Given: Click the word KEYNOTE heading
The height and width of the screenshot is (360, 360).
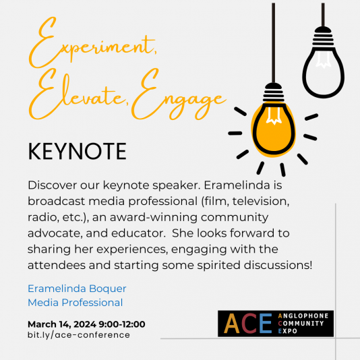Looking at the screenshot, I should (77, 151).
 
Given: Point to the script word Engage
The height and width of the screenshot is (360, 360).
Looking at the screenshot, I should (178, 101).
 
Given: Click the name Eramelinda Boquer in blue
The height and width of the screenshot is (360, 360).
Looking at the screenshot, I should (77, 289).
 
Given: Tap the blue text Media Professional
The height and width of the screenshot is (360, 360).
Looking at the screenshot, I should (75, 302).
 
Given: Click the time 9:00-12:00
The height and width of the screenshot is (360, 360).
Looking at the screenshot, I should (125, 324).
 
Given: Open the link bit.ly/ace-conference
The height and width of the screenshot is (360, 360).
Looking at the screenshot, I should (78, 335).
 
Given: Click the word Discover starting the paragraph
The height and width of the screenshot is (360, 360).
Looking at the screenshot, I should (55, 185).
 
